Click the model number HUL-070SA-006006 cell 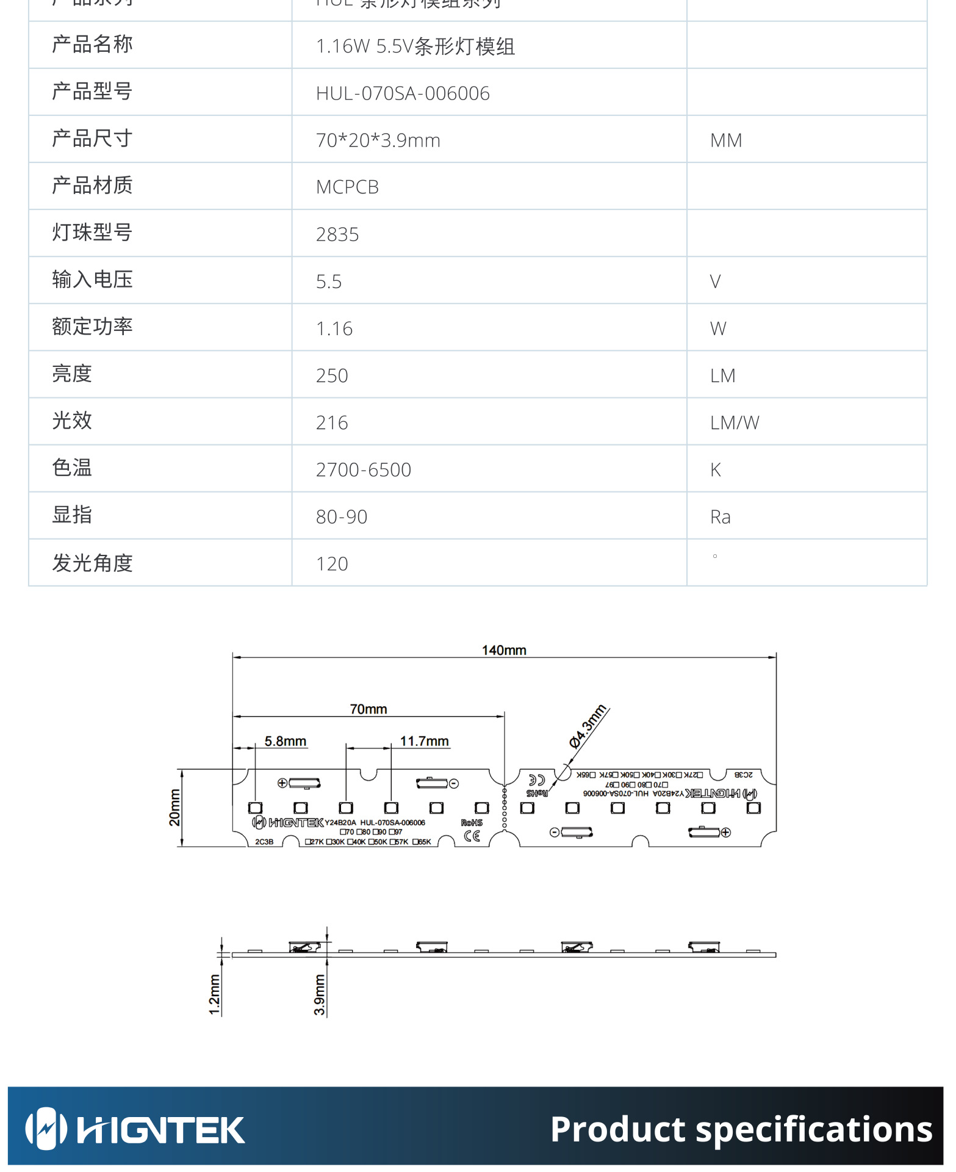pyautogui.click(x=403, y=93)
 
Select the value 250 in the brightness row pyautogui.click(x=332, y=375)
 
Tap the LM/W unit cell pyautogui.click(x=735, y=422)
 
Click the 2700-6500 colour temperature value pyautogui.click(x=364, y=469)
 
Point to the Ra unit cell pyautogui.click(x=721, y=517)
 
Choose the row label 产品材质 pyautogui.click(x=92, y=186)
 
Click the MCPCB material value pyautogui.click(x=347, y=187)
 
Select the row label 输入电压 pyautogui.click(x=92, y=280)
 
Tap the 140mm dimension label pyautogui.click(x=504, y=650)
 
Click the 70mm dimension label pyautogui.click(x=368, y=709)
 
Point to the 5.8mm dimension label pyautogui.click(x=286, y=741)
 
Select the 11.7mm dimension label pyautogui.click(x=425, y=741)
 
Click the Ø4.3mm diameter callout pyautogui.click(x=588, y=726)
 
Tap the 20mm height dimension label pyautogui.click(x=174, y=807)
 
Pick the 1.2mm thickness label pyautogui.click(x=214, y=994)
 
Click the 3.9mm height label pyautogui.click(x=319, y=994)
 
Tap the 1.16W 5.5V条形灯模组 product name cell pyautogui.click(x=415, y=46)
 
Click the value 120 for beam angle pyautogui.click(x=332, y=564)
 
